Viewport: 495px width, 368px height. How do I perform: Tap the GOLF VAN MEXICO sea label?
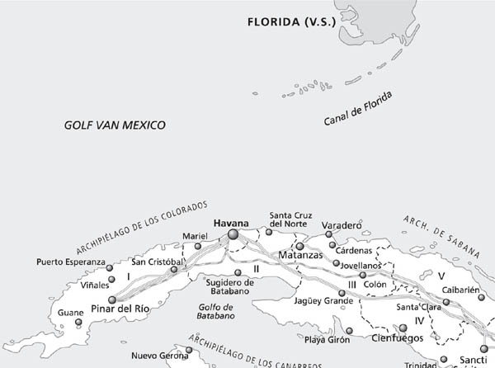click(x=115, y=125)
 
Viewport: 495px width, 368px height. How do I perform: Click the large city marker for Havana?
click(x=233, y=236)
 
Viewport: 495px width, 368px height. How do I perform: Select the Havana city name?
click(x=230, y=224)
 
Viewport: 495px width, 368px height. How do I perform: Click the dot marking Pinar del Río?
click(x=112, y=300)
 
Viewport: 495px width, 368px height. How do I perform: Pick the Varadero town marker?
click(x=328, y=234)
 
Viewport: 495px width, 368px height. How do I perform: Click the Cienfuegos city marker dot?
click(x=403, y=328)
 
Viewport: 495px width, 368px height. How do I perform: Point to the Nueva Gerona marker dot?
click(x=189, y=350)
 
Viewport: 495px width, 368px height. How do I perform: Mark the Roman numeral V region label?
click(x=441, y=275)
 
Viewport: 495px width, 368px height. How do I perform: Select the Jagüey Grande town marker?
click(x=342, y=293)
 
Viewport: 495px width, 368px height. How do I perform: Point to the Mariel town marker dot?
click(x=198, y=246)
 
